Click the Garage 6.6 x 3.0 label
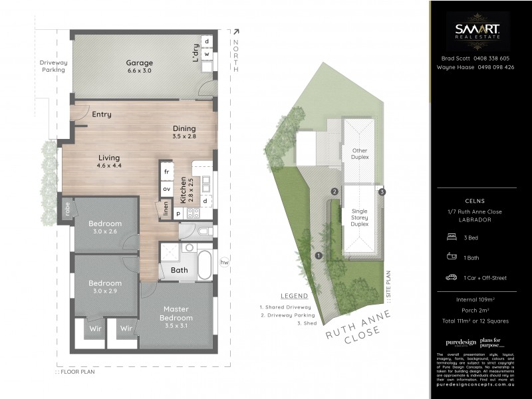point(140,66)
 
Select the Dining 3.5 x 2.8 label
point(184,132)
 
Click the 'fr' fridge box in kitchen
point(166,172)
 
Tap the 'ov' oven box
point(166,189)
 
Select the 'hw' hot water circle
point(224,261)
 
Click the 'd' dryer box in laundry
point(207,41)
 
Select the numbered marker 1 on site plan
point(319,255)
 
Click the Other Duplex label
point(359,154)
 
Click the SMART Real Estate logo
point(478,30)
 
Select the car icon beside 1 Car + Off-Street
point(451,277)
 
